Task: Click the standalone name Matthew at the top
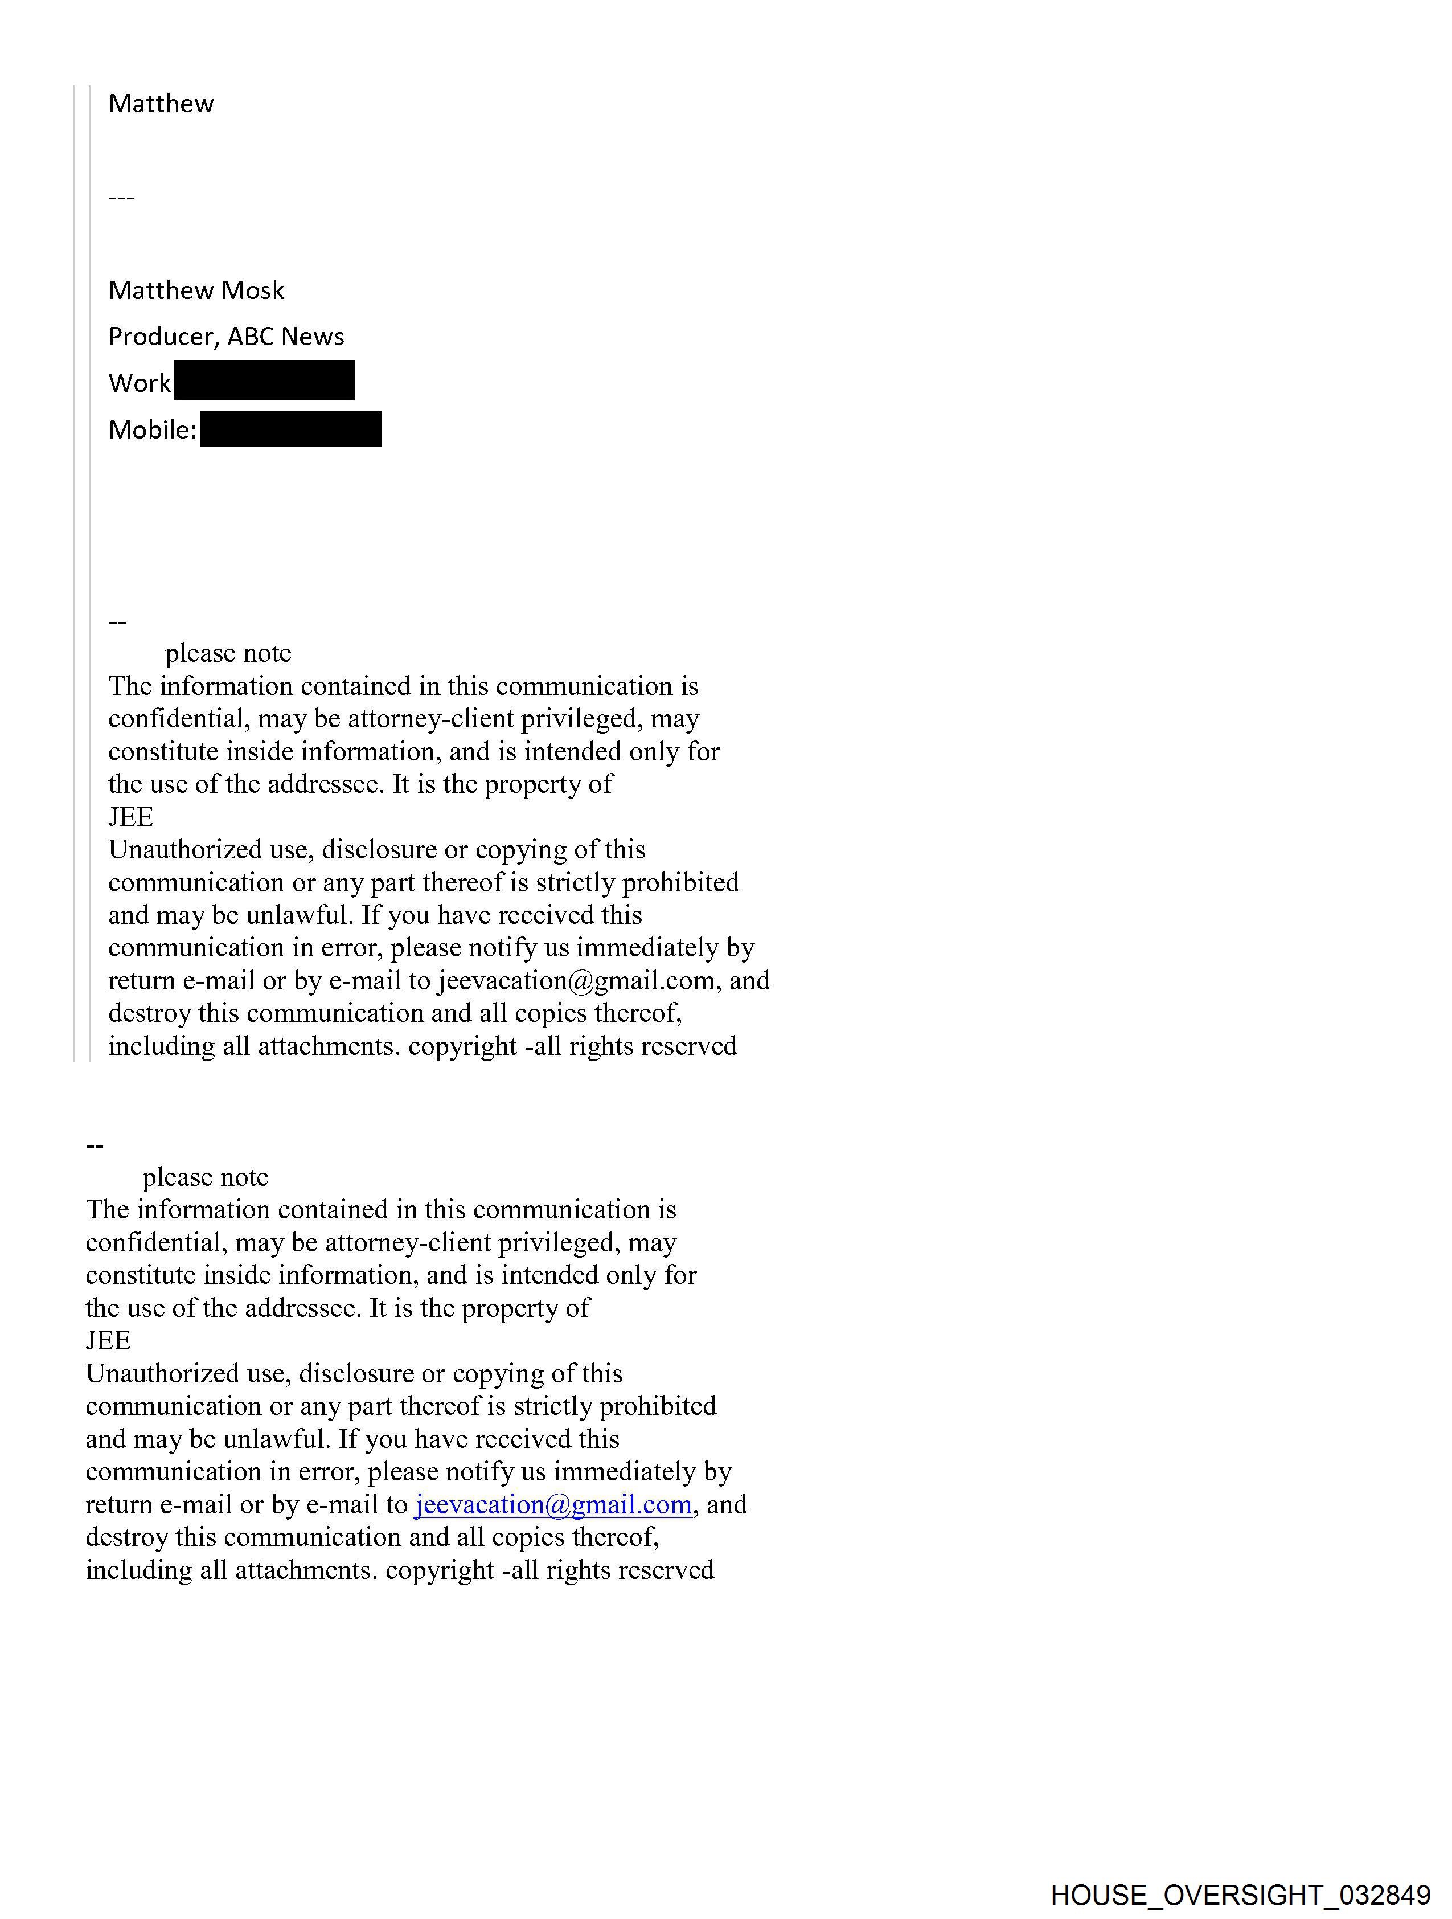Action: (x=161, y=104)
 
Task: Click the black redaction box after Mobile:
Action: (x=290, y=429)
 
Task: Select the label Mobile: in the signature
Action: (x=153, y=430)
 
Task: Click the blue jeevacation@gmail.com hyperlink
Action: (x=553, y=1504)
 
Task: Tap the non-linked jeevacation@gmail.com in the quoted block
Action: (x=576, y=980)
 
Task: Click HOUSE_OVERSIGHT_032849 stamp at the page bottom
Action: (x=1240, y=1895)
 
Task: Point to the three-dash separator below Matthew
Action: (x=121, y=198)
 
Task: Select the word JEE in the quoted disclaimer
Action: (x=131, y=817)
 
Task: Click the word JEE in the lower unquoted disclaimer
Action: (x=108, y=1341)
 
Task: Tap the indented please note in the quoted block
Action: (x=228, y=653)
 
